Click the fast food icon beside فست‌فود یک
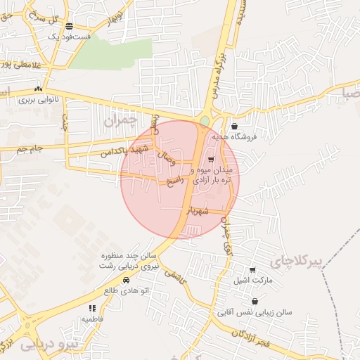coord(69,26)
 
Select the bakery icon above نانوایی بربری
coord(38,89)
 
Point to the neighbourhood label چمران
coord(118,121)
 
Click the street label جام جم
coord(30,149)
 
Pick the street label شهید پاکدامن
coord(124,150)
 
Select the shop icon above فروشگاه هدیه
coord(234,127)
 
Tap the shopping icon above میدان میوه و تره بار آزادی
coord(211,160)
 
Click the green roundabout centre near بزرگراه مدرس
coord(204,121)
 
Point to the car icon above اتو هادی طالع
coord(126,281)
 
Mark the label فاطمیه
coord(92,319)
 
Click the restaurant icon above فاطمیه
coord(92,308)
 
